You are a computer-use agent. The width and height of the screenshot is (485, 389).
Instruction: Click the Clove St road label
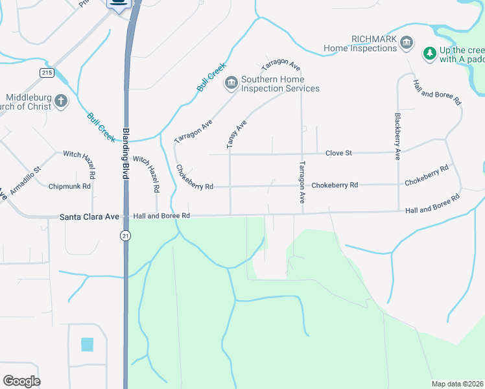[x=338, y=153]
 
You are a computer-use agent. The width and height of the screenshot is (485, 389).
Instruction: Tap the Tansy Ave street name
[x=237, y=134]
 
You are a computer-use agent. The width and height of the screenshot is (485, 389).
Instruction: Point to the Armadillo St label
[x=25, y=178]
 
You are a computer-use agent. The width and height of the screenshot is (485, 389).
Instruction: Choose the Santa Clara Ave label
[x=89, y=216]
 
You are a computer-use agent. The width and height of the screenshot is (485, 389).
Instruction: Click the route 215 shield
[x=46, y=73]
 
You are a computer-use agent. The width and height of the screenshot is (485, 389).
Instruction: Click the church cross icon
[x=60, y=101]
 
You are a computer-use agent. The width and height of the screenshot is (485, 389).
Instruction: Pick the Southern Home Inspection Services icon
[x=231, y=83]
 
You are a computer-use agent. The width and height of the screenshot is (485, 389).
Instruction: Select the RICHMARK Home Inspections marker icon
[x=406, y=43]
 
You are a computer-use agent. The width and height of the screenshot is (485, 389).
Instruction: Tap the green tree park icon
[x=429, y=53]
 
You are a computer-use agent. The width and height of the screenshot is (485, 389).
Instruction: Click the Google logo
[x=21, y=381]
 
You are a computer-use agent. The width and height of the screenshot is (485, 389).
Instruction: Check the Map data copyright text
[x=458, y=384]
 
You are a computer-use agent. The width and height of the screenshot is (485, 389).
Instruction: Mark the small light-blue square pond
[x=87, y=344]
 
